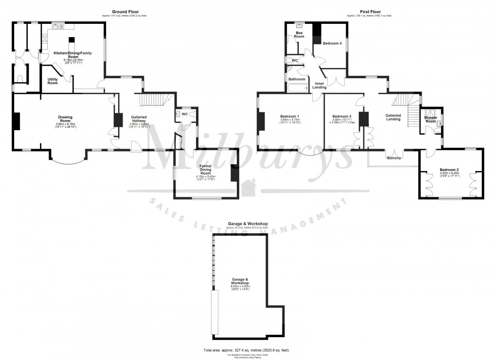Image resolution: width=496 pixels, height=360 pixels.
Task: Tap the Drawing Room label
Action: [66, 117]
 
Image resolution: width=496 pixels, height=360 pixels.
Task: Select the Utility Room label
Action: [53, 81]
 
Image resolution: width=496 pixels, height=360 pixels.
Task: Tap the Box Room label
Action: [299, 34]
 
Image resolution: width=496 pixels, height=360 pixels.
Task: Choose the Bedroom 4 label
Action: [333, 44]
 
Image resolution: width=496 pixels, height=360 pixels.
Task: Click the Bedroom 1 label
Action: [290, 117]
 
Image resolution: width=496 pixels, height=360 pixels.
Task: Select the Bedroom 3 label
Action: [342, 117]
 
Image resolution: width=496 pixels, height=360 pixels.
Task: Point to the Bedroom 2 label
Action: [450, 170]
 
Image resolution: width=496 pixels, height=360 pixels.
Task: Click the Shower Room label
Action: [430, 119]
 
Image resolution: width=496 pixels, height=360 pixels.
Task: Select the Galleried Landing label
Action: [393, 117]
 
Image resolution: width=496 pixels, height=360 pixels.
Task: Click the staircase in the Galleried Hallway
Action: [153, 100]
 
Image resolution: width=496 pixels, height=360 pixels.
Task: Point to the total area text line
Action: [248, 350]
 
